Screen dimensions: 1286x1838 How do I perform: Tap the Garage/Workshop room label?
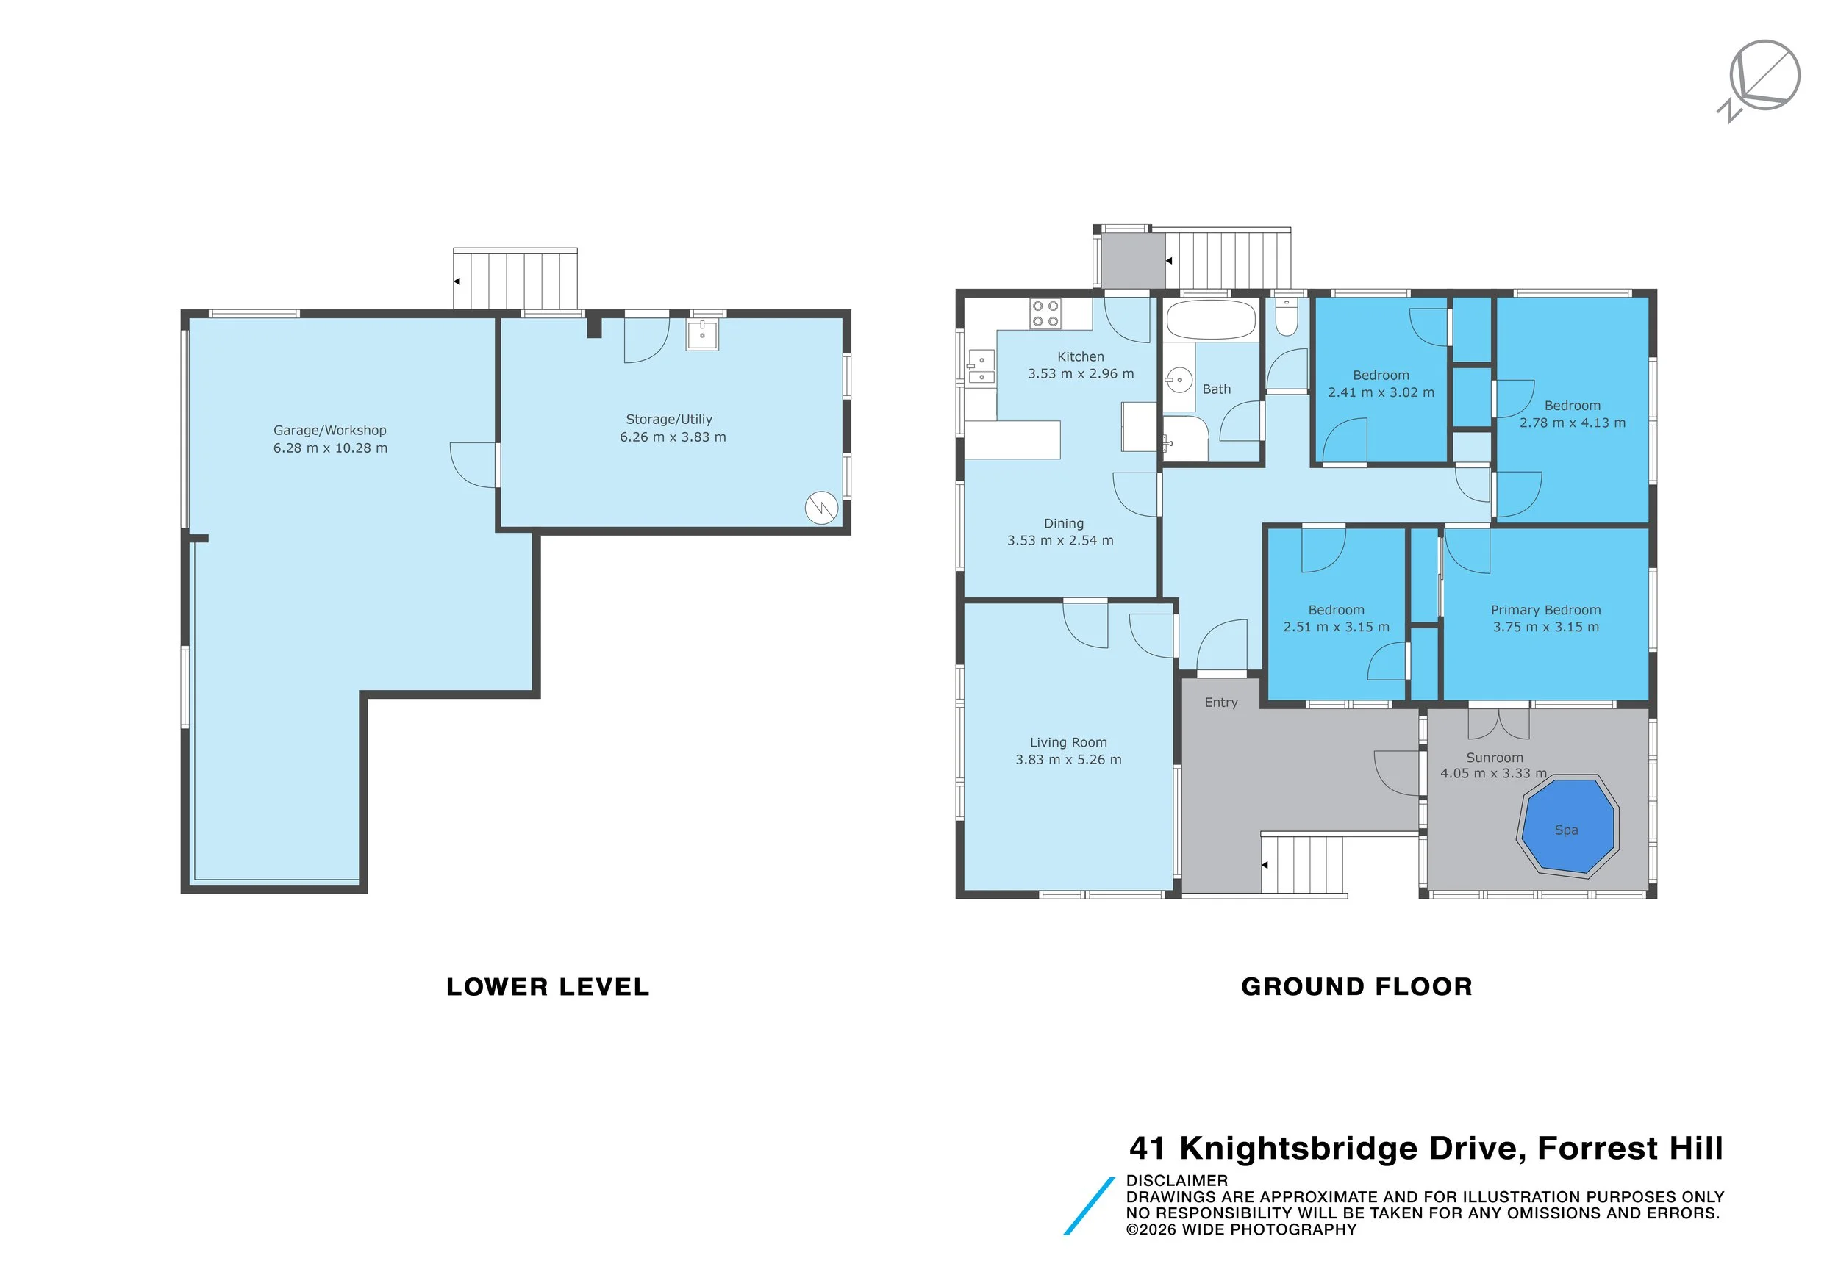(330, 431)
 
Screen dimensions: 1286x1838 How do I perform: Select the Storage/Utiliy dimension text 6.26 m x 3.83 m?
(673, 437)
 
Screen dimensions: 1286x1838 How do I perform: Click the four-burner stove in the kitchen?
(1045, 313)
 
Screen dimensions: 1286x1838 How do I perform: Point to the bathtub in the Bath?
(1210, 320)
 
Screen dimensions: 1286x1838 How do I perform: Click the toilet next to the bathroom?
(1287, 318)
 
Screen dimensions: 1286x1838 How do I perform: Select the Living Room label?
(1068, 743)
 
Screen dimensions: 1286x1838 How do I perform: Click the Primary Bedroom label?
(1545, 610)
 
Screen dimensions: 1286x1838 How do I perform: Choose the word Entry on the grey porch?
(1220, 703)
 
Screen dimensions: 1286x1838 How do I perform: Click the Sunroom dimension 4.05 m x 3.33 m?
(1493, 773)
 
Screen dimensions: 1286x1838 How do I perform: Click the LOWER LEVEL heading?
(548, 987)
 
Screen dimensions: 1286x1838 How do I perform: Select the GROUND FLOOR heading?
(1356, 987)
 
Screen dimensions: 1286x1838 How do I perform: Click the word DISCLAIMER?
(1176, 1180)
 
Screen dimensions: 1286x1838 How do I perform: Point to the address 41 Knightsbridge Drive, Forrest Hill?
(1425, 1149)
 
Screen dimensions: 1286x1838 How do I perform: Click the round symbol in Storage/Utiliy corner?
(820, 507)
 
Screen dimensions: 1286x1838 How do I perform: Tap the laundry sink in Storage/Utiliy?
(702, 334)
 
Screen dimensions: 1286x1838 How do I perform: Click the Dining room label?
(1063, 523)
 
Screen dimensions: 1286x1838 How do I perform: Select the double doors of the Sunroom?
(1498, 722)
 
